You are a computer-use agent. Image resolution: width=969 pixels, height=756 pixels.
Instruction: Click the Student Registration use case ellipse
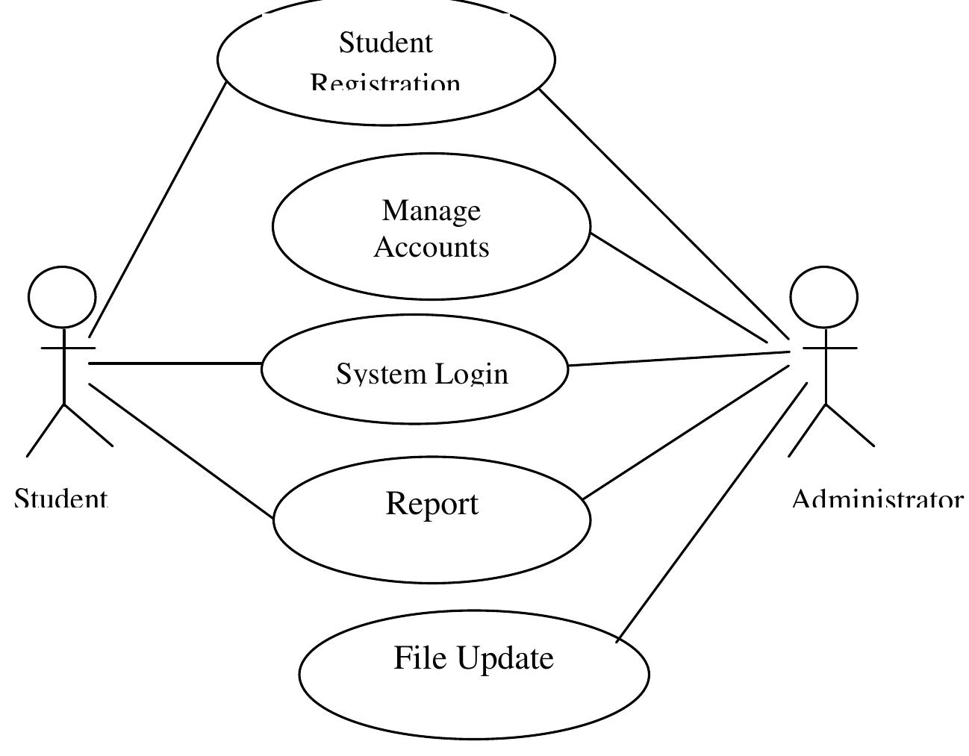tap(386, 60)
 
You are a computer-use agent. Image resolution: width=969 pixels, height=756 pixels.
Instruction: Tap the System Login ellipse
tap(414, 369)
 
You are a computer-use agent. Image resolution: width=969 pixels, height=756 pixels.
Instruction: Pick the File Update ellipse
tap(474, 675)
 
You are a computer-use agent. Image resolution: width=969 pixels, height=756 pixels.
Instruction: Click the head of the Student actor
tap(62, 297)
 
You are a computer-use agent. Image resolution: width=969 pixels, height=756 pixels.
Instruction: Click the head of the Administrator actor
tap(823, 297)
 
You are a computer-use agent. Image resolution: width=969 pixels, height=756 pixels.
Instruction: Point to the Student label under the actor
tap(61, 498)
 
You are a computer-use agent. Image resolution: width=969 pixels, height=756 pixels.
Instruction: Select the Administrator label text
tap(877, 498)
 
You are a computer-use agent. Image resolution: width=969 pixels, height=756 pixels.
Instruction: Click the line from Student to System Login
tap(175, 363)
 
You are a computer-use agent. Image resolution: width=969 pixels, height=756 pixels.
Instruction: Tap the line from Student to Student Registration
tap(157, 209)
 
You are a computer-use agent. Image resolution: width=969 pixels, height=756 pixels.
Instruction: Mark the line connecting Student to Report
tap(181, 450)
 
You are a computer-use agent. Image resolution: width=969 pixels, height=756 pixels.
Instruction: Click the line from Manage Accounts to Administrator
tap(679, 288)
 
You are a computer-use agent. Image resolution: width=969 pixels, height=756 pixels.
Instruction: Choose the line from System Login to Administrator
tap(679, 357)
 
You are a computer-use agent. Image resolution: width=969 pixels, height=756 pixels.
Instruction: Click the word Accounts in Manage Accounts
tap(431, 247)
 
